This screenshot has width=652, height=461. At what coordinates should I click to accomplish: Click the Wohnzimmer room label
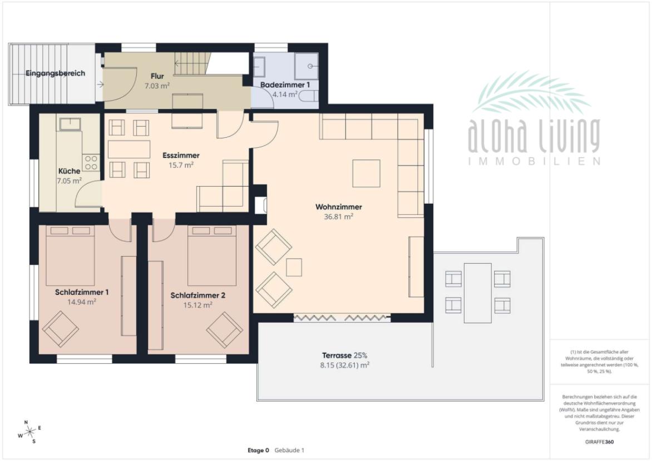[x=338, y=207]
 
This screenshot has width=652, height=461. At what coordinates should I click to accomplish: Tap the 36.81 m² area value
[x=338, y=217]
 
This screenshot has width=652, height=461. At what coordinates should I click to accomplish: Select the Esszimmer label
[x=181, y=156]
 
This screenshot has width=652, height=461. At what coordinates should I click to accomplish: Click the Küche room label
[x=70, y=171]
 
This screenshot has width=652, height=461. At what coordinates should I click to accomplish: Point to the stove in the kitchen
[x=91, y=162]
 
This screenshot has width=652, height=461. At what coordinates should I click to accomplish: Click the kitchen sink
[x=70, y=124]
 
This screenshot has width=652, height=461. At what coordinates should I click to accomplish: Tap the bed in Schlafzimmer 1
[x=70, y=255]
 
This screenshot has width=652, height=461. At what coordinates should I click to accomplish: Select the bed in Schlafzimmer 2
[x=212, y=255]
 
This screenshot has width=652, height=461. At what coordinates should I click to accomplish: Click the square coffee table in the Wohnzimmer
[x=367, y=173]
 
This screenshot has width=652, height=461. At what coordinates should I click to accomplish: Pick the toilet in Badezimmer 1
[x=309, y=96]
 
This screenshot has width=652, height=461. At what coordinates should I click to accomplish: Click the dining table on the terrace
[x=478, y=293]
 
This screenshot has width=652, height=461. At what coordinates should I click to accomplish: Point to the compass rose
[x=30, y=432]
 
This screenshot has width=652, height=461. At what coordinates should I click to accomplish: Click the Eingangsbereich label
[x=55, y=73]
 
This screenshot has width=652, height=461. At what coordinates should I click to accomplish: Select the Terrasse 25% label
[x=345, y=355]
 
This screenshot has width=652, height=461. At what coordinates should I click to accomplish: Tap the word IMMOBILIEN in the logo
[x=534, y=161]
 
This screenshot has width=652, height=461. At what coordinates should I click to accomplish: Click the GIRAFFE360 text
[x=599, y=442]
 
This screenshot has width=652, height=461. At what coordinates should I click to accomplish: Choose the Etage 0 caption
[x=258, y=450]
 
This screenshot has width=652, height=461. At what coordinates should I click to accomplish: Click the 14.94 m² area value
[x=82, y=302]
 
